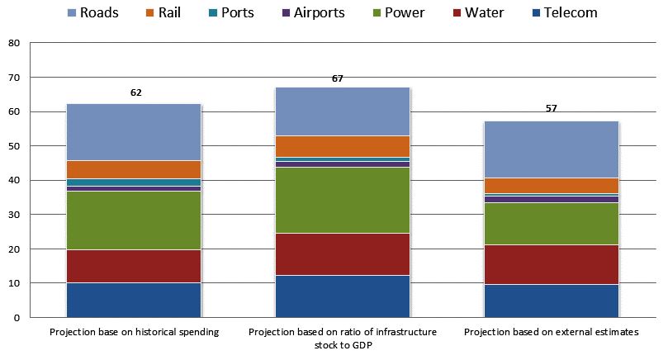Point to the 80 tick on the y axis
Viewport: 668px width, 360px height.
click(x=14, y=44)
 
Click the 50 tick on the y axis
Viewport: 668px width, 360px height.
click(x=14, y=146)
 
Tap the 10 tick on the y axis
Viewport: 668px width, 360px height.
click(x=14, y=283)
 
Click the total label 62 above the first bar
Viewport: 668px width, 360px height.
click(x=136, y=92)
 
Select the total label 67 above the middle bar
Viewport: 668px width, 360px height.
click(x=338, y=78)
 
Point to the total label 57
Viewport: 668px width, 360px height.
click(x=552, y=109)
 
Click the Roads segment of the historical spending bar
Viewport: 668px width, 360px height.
click(x=134, y=132)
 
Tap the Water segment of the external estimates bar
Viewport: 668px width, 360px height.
click(x=552, y=264)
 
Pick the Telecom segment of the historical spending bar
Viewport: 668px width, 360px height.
click(x=134, y=300)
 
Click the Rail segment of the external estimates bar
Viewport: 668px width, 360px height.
click(x=552, y=186)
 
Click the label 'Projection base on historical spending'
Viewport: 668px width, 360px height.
click(x=134, y=332)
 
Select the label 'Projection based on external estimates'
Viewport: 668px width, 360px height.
click(x=552, y=332)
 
